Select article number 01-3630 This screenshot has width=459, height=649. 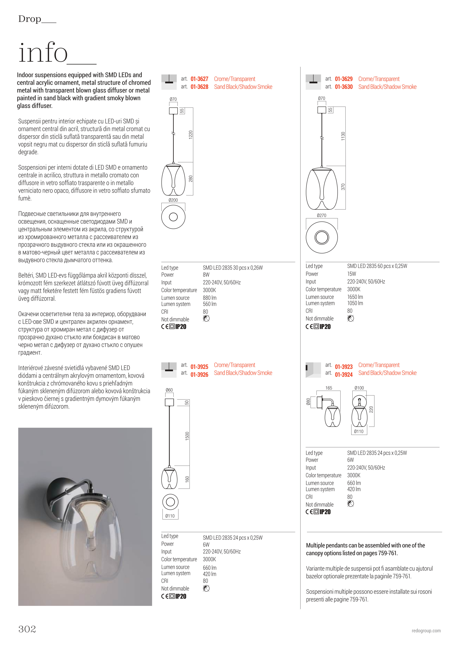(x=344, y=87)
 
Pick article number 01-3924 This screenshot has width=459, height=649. (x=344, y=375)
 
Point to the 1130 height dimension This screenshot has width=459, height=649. (x=343, y=136)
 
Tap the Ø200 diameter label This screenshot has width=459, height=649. (x=173, y=200)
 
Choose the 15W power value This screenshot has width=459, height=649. (x=352, y=274)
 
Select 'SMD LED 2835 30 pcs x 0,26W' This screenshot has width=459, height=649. (x=233, y=267)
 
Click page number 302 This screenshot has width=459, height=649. (x=27, y=629)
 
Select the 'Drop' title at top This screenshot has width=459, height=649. (x=30, y=19)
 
